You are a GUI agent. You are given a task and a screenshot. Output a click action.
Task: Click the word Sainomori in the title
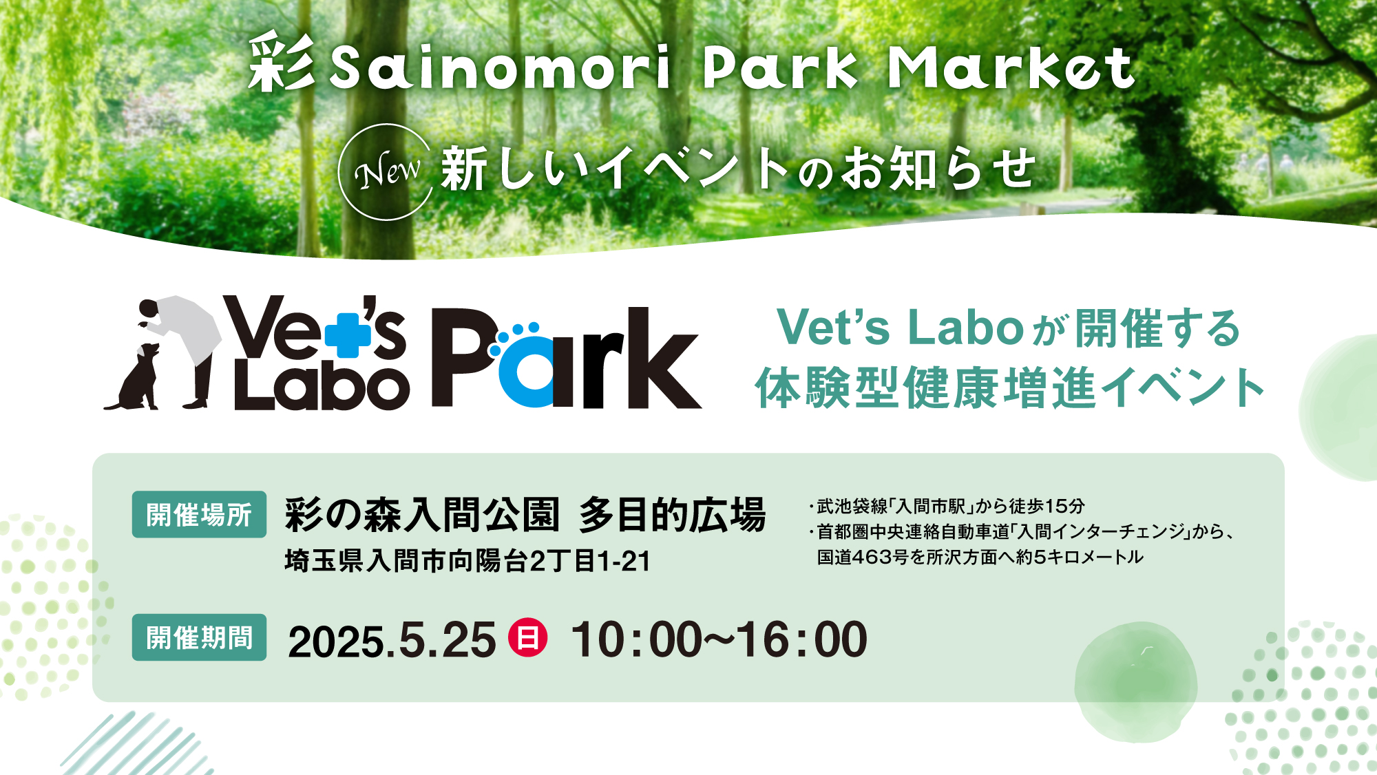click(501, 67)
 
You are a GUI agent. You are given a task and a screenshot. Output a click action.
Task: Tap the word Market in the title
click(1011, 67)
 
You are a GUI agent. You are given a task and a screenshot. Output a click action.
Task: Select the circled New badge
click(386, 172)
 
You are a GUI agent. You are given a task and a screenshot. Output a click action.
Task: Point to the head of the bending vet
click(148, 310)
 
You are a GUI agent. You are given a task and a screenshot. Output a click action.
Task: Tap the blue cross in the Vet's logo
click(348, 335)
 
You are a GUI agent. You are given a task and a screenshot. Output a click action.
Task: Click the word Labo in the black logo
click(322, 387)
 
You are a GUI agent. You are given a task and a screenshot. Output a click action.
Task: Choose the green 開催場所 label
click(199, 514)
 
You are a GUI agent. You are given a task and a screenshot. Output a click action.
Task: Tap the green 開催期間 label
click(199, 637)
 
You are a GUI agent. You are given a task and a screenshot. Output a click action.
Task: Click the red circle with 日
click(527, 637)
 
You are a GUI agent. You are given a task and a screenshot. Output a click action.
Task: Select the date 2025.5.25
click(392, 640)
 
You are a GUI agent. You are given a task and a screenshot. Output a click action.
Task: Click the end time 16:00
click(802, 640)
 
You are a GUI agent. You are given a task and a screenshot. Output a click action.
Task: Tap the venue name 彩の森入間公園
click(421, 515)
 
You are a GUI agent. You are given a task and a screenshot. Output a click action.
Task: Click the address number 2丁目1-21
click(590, 561)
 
